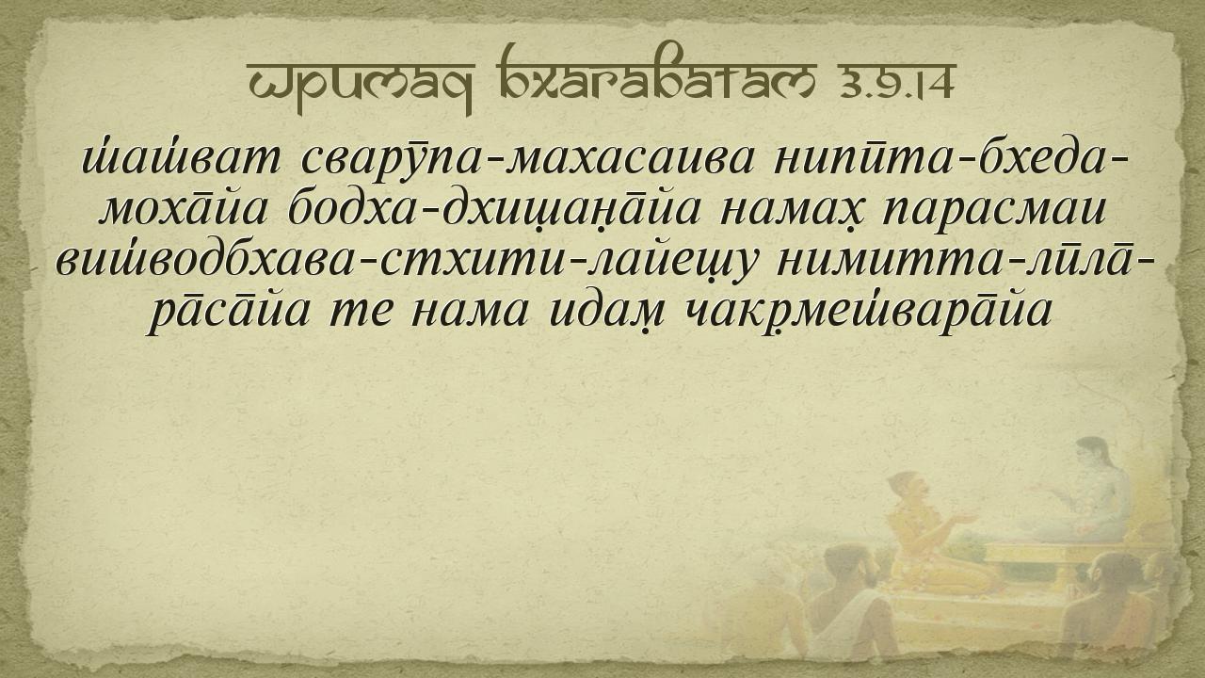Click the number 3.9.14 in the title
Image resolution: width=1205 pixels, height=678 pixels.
(894, 82)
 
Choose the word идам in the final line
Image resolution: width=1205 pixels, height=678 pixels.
(604, 312)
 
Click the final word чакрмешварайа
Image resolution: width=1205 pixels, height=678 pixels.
(866, 312)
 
